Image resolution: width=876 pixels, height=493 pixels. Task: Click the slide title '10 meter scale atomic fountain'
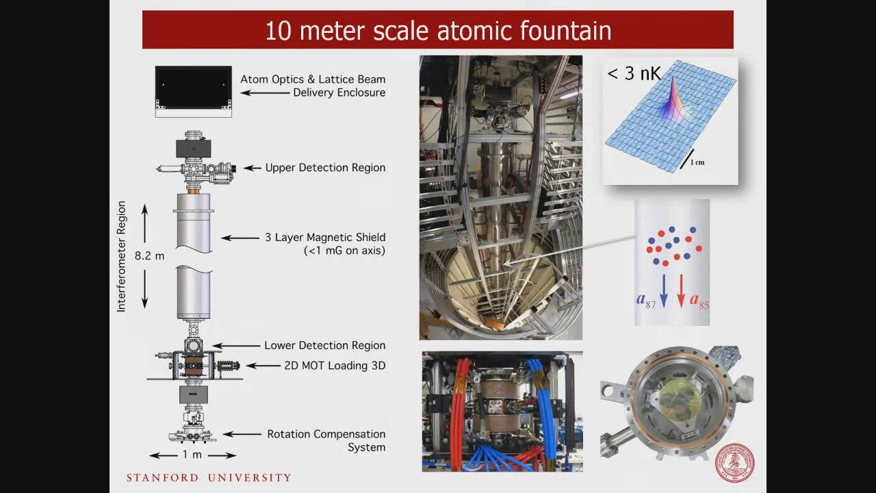[438, 31]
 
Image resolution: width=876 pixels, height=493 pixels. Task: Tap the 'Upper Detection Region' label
[325, 168]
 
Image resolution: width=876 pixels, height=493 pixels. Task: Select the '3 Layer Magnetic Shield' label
[325, 238]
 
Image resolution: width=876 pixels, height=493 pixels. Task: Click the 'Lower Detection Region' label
[325, 346]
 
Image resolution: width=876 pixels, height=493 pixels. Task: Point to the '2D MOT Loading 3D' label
[335, 366]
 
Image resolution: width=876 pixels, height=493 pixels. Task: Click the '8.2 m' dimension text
[149, 256]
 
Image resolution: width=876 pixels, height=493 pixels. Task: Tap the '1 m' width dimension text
[192, 455]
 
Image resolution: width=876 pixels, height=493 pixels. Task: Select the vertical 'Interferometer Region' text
[122, 257]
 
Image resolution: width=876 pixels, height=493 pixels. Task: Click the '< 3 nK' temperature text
[634, 74]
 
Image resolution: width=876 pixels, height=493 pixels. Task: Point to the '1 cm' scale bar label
[697, 162]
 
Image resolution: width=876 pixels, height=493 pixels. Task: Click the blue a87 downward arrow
[663, 290]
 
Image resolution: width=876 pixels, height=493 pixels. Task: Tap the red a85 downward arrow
[681, 290]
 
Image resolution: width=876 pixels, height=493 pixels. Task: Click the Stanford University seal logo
[734, 464]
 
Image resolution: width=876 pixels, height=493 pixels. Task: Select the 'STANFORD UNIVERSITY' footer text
[209, 478]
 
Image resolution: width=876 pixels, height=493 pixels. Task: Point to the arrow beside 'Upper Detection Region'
[252, 168]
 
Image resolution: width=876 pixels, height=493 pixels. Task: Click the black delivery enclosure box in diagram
[193, 88]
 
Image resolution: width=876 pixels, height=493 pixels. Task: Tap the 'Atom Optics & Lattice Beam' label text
[313, 79]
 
